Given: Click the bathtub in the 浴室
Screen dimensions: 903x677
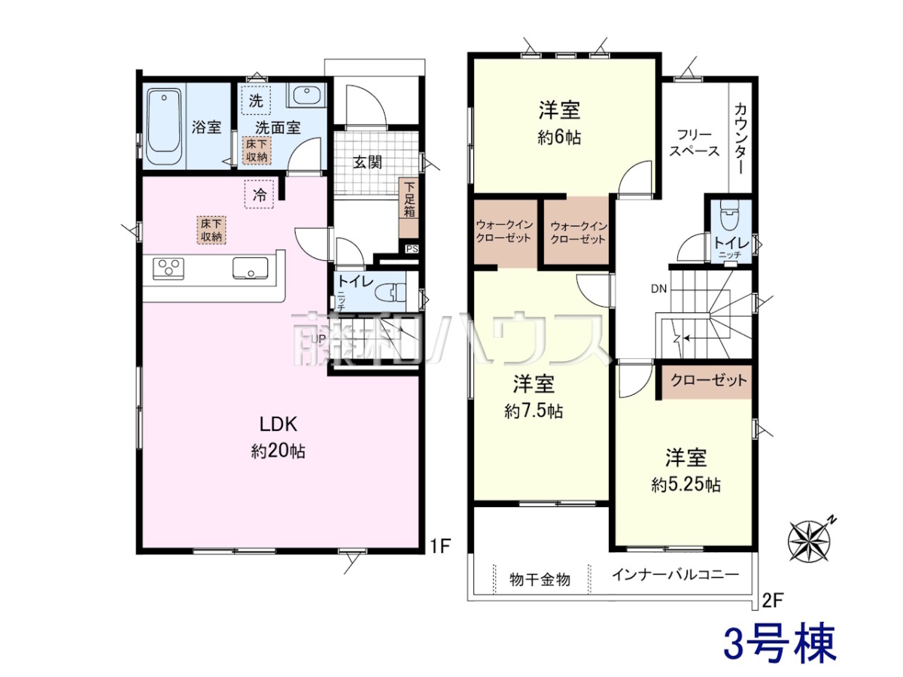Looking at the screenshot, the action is [x=164, y=126].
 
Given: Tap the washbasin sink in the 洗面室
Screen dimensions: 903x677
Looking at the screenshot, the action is [x=306, y=95].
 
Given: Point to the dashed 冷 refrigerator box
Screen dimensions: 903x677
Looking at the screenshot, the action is [x=259, y=195].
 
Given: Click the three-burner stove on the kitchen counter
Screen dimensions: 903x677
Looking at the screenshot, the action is [x=169, y=267].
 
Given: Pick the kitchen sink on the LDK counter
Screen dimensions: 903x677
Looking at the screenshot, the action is [x=250, y=268].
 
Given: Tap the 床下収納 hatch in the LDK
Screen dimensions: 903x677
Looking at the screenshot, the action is [x=211, y=230].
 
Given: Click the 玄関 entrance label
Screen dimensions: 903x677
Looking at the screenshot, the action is [x=367, y=162].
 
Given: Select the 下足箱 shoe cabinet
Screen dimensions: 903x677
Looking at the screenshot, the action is [x=409, y=208].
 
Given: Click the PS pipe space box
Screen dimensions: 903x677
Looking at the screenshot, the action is [x=412, y=249].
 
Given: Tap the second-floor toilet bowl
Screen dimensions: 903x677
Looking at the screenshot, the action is [x=729, y=214].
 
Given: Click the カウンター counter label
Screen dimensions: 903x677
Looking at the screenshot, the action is [x=740, y=139].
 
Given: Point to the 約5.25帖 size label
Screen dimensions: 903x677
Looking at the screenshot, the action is [x=686, y=485].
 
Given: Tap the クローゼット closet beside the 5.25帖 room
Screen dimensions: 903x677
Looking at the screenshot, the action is [x=707, y=381].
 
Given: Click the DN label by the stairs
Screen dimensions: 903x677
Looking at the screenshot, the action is [x=658, y=289].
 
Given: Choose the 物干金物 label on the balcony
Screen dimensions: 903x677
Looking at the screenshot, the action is [x=540, y=579].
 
